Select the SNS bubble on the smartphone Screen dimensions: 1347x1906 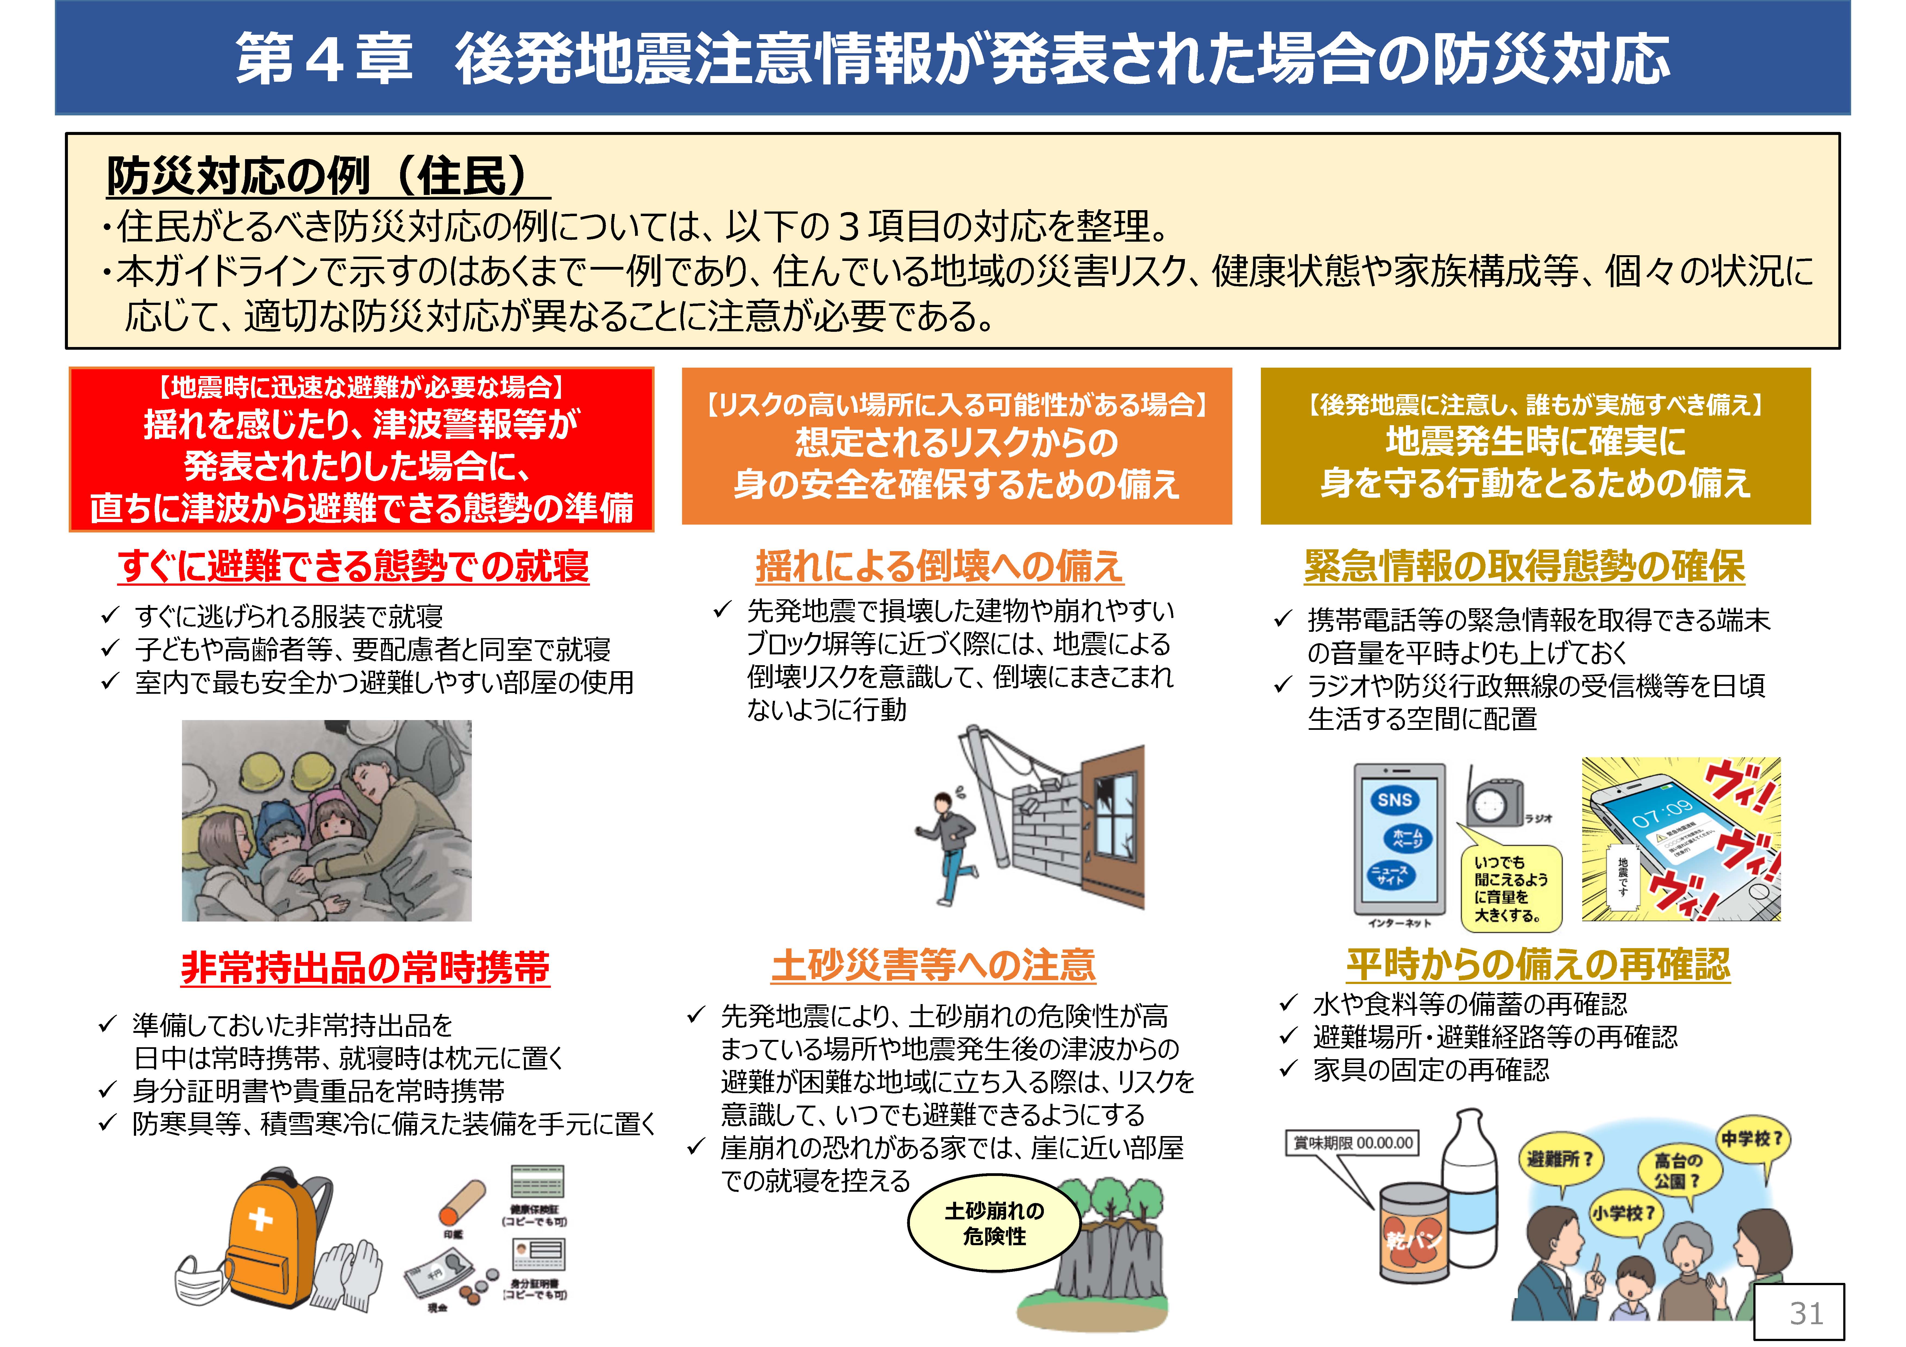point(1395,800)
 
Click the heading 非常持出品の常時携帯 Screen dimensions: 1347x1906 point(365,968)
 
